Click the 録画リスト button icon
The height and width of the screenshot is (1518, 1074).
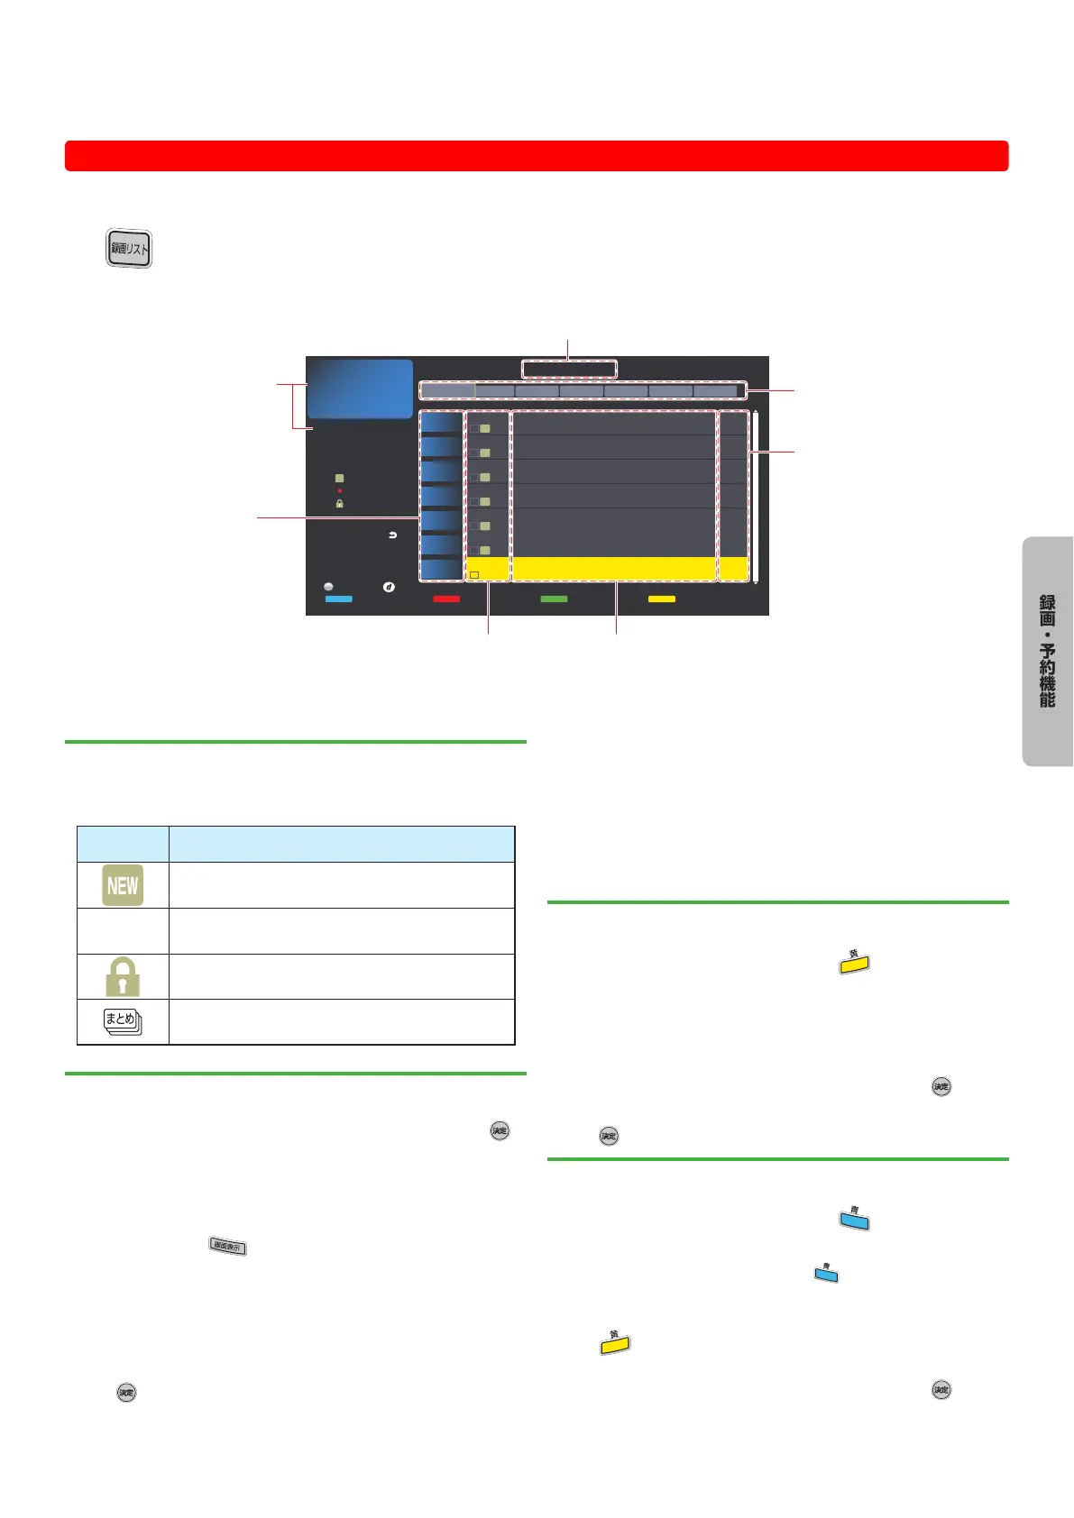(x=129, y=249)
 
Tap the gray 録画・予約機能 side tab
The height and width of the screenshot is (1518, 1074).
(x=1047, y=651)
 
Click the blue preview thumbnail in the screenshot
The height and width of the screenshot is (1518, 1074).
(x=360, y=389)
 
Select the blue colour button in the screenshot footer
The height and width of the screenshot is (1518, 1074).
(x=338, y=599)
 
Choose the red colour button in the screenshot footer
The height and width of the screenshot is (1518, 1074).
(x=446, y=599)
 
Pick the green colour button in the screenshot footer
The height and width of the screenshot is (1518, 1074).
(x=554, y=599)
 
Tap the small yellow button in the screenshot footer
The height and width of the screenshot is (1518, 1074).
(x=662, y=599)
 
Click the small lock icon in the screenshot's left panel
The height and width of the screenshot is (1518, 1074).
(x=340, y=504)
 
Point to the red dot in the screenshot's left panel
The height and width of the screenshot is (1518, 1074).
(x=340, y=491)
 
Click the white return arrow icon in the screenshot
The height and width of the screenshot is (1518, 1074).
(x=392, y=535)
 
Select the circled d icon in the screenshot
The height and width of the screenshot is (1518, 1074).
(x=389, y=587)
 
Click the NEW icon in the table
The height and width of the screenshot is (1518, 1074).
(x=123, y=885)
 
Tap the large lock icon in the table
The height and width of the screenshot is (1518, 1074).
(x=123, y=976)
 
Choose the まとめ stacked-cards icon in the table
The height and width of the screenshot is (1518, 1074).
(x=123, y=1022)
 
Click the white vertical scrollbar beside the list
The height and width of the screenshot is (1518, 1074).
(x=756, y=498)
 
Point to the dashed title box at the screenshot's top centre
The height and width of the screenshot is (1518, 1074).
(x=569, y=369)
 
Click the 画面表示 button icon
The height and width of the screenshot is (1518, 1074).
(x=227, y=1247)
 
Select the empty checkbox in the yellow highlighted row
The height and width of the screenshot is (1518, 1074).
(x=474, y=574)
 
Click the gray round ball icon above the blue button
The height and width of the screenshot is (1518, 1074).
(x=328, y=587)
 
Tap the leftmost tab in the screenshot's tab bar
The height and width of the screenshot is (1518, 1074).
(x=447, y=391)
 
